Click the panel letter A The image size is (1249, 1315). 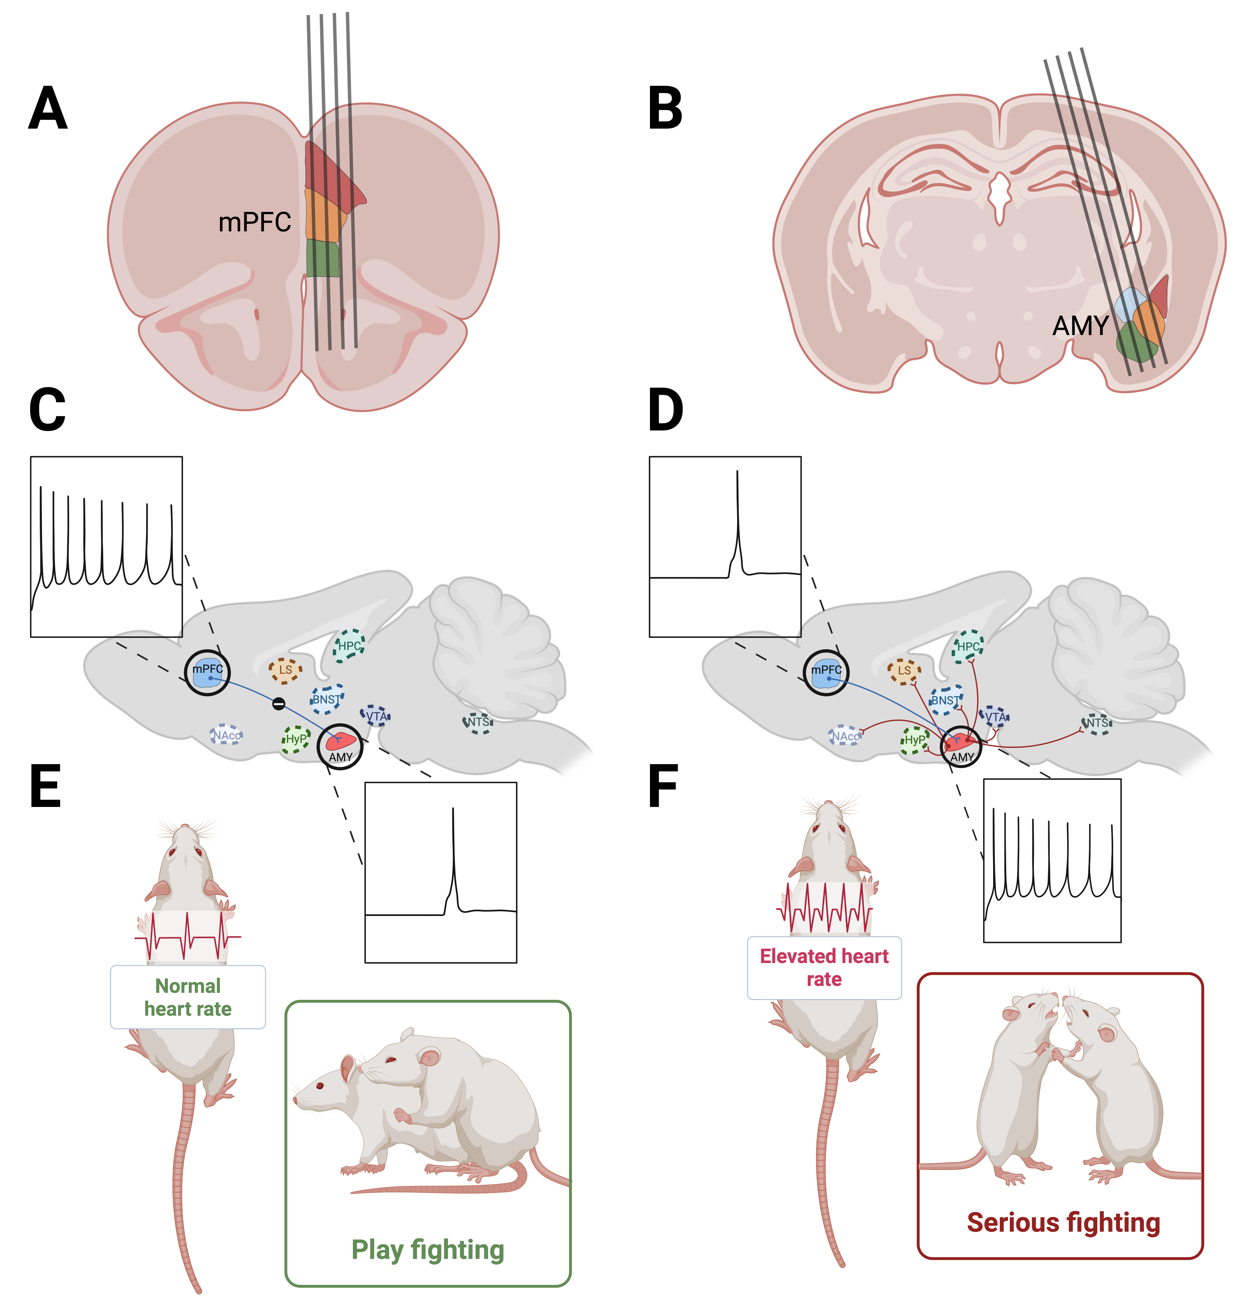click(x=48, y=108)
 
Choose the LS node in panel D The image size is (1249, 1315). click(x=904, y=670)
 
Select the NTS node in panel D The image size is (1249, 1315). click(x=1096, y=723)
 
